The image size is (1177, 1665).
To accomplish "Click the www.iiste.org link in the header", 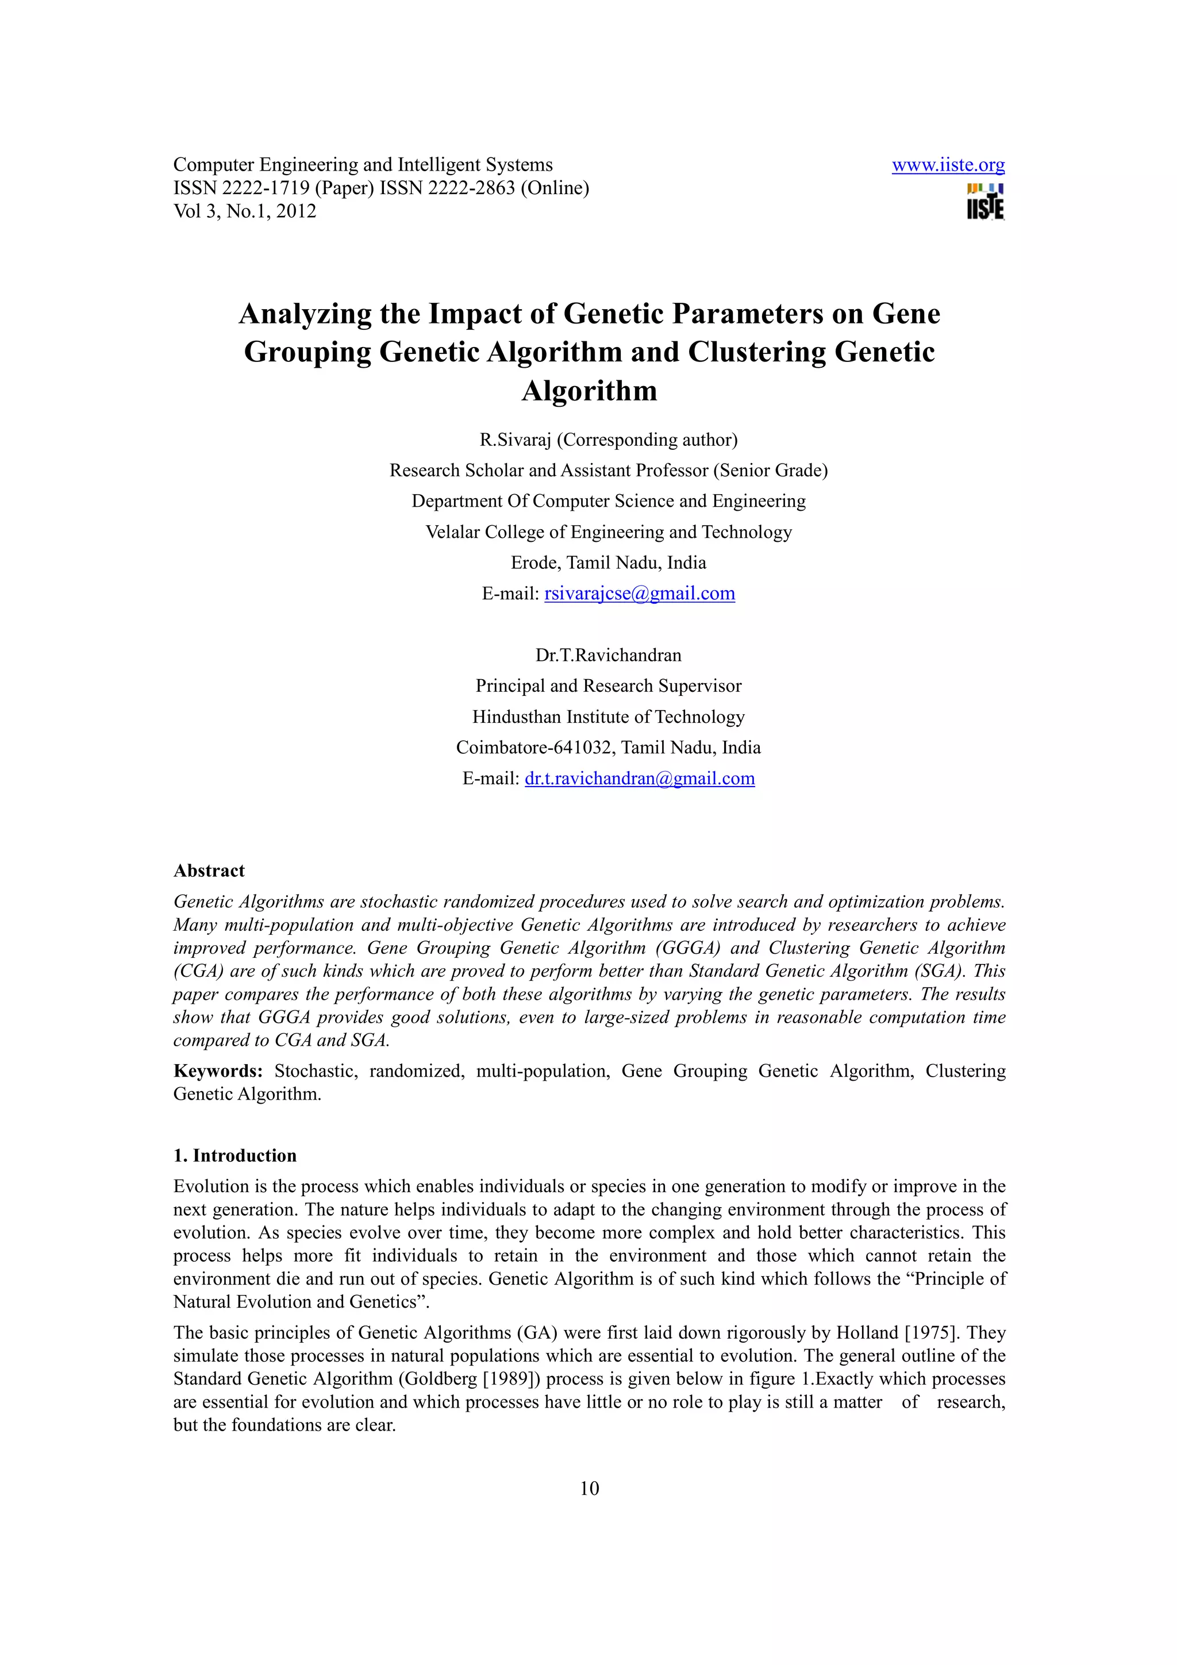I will [x=948, y=165].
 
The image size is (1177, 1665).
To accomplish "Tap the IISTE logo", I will [x=985, y=202].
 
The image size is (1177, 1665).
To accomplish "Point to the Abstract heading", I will [x=209, y=870].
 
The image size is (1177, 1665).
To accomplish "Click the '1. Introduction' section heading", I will [x=235, y=1155].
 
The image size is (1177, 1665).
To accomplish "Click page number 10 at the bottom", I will [x=589, y=1488].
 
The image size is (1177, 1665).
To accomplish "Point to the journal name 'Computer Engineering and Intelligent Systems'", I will [x=363, y=165].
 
